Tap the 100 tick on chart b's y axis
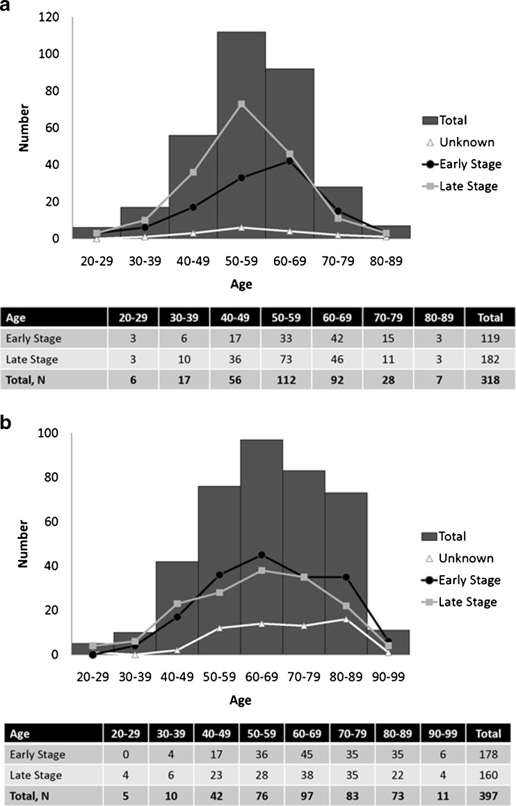click(52, 433)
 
